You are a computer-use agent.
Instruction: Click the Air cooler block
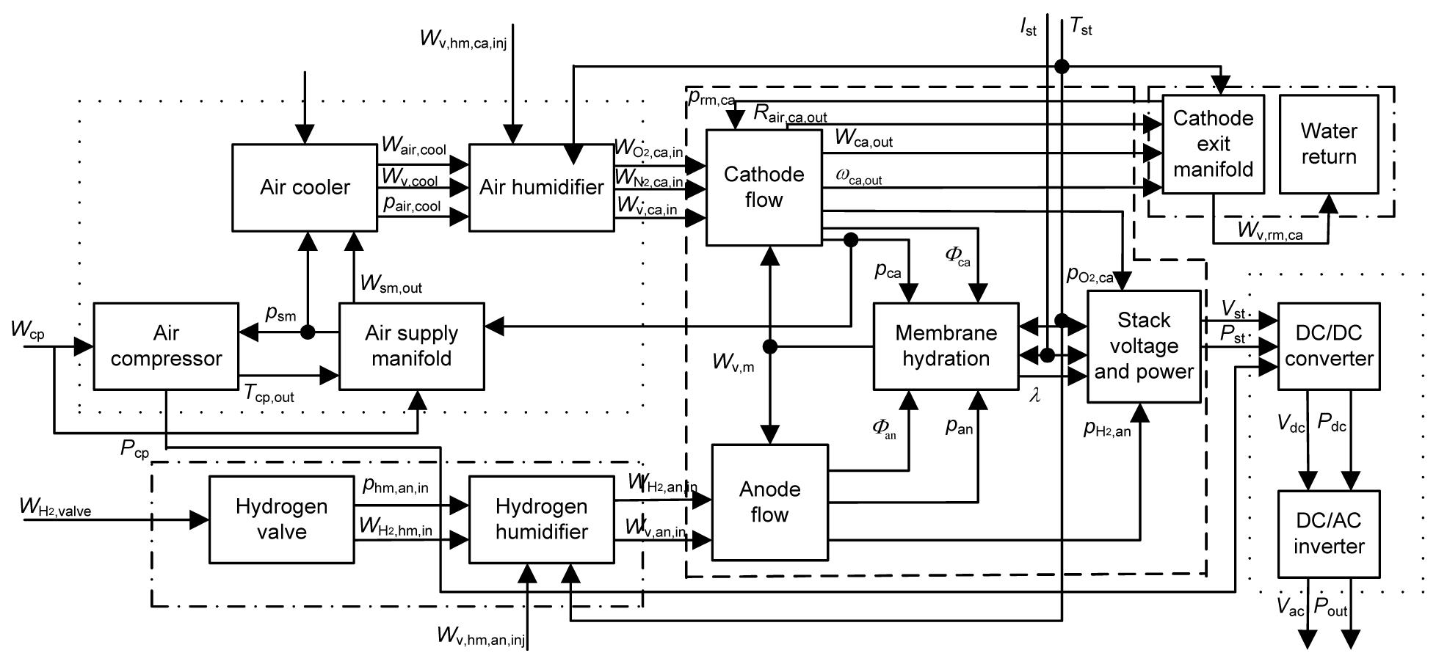click(305, 187)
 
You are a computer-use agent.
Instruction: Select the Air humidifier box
click(541, 187)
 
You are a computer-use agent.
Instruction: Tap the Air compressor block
click(166, 346)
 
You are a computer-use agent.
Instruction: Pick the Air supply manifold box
click(411, 346)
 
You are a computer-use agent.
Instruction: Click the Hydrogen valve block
click(281, 519)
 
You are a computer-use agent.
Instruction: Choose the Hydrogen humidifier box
click(541, 519)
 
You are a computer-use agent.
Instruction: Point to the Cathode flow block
click(764, 187)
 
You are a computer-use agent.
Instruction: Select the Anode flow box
click(769, 502)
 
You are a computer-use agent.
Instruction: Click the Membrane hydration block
click(946, 346)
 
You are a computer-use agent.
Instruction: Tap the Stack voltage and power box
click(1144, 346)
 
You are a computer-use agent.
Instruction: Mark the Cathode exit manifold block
click(1213, 144)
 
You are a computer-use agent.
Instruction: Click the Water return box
click(1329, 144)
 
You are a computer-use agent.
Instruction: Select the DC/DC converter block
click(1329, 346)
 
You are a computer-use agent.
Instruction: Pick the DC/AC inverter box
click(1329, 533)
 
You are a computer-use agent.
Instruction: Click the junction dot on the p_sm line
click(308, 332)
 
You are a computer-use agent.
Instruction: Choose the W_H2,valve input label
click(56, 508)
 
